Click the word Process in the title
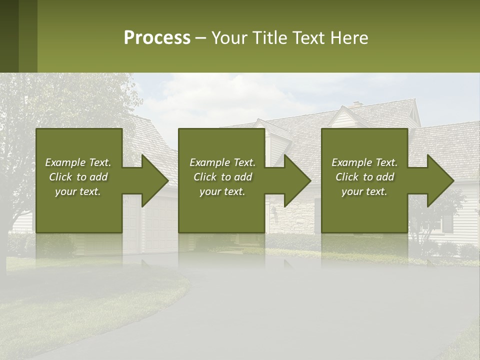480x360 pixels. (157, 38)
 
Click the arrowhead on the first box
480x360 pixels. (153, 180)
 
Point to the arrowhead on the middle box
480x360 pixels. (295, 180)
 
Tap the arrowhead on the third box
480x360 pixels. (438, 180)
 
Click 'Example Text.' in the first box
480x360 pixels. (78, 162)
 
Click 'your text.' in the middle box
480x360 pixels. (222, 191)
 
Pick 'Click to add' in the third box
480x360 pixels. (365, 177)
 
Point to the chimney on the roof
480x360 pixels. (356, 105)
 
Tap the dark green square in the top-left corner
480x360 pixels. (9, 36)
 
